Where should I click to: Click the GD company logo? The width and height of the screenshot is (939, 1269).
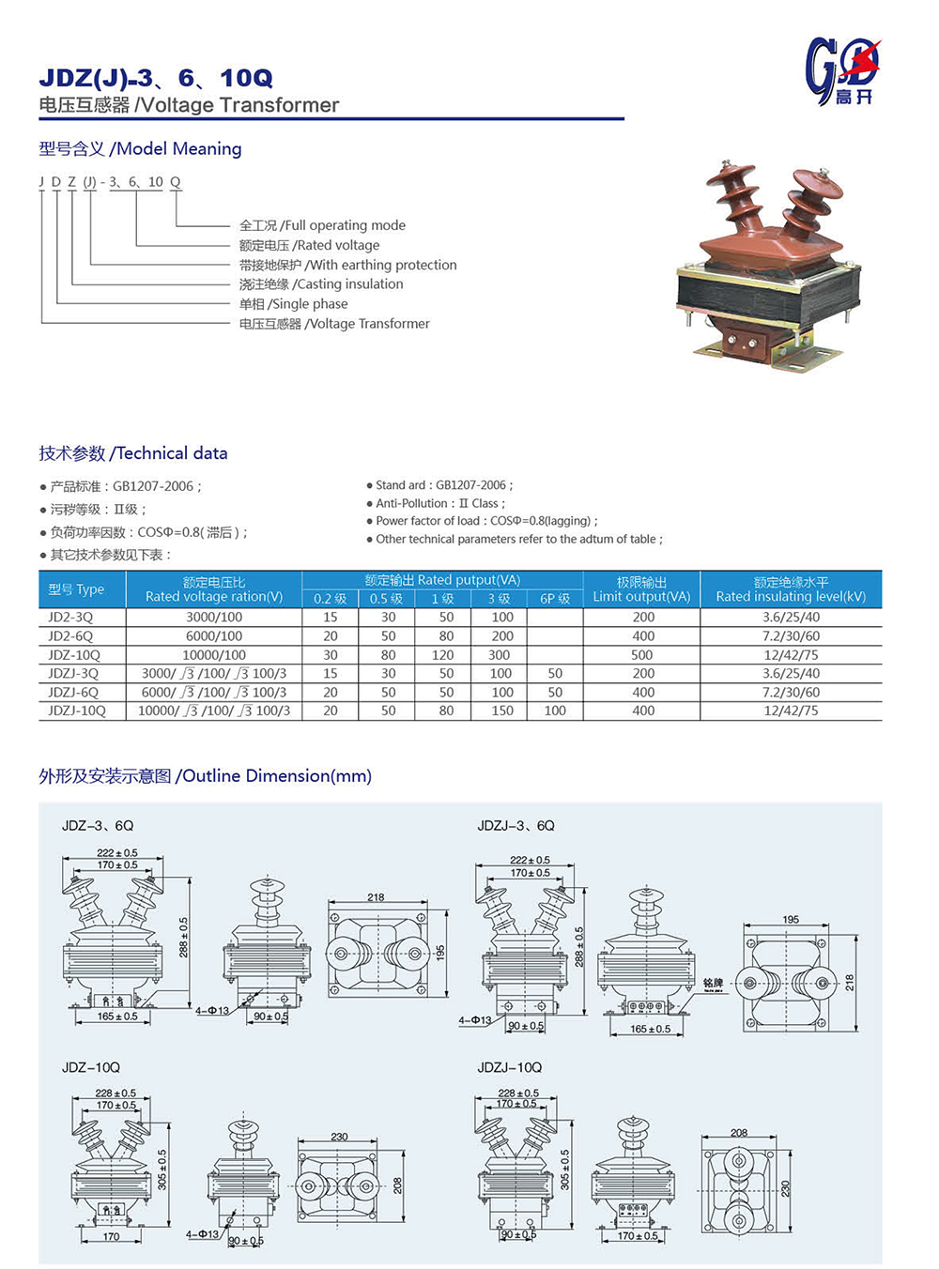[x=841, y=70]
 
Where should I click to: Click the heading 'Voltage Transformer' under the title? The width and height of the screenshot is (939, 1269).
[x=239, y=105]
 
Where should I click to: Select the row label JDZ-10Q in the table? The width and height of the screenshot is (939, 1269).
[x=74, y=655]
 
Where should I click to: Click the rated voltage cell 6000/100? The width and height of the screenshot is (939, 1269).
[x=214, y=636]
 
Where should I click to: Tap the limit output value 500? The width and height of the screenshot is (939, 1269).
[x=642, y=655]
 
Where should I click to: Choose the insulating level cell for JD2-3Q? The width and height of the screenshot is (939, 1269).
[x=791, y=618]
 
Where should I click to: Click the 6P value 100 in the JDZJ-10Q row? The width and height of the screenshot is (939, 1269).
[x=555, y=711]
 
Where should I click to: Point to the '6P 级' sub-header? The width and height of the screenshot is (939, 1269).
[x=555, y=599]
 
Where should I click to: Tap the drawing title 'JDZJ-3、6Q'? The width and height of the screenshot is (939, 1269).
[x=516, y=826]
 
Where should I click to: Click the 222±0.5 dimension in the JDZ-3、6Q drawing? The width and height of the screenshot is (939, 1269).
[x=117, y=853]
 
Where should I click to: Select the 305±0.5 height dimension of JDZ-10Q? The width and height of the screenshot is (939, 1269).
[x=162, y=1170]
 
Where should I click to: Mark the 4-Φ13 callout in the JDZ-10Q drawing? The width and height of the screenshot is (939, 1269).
[x=202, y=1234]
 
